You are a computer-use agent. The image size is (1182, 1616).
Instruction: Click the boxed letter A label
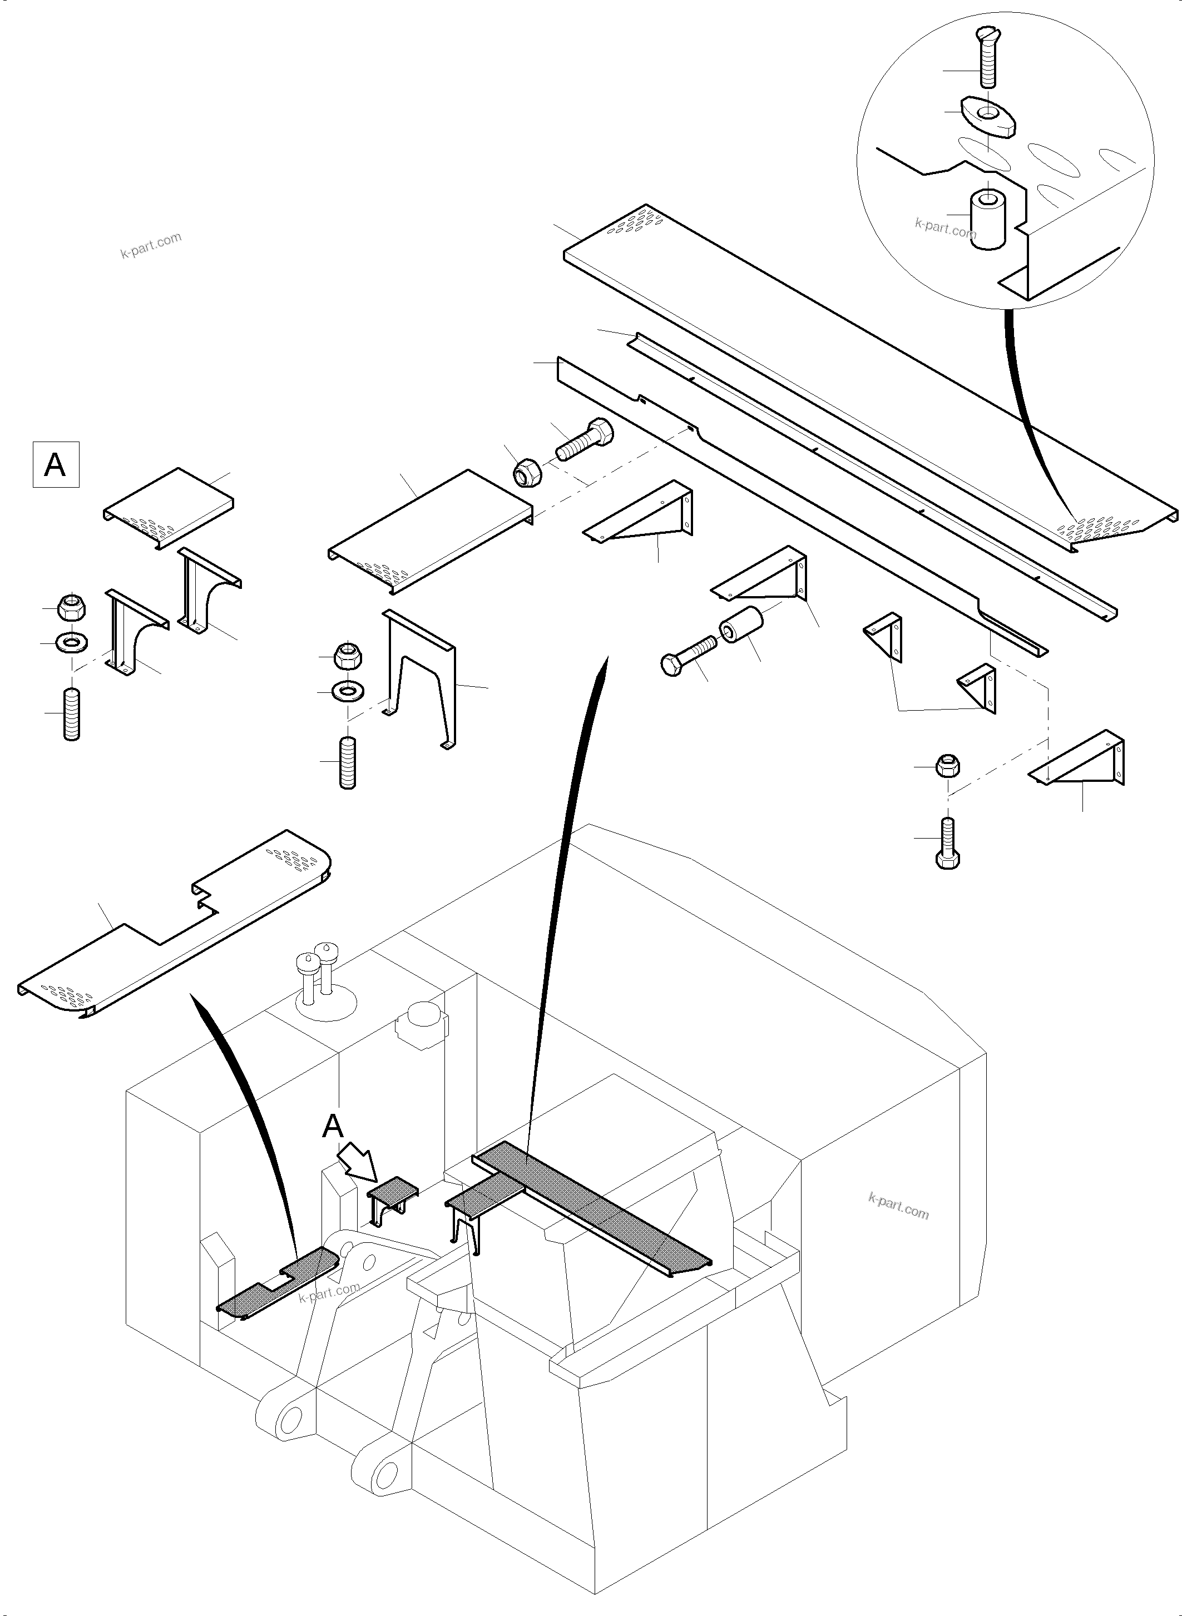(56, 465)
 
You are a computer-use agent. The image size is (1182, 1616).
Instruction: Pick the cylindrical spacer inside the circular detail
(987, 219)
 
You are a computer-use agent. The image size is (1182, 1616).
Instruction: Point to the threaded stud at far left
(72, 713)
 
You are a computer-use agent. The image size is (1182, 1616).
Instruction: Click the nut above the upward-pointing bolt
(948, 766)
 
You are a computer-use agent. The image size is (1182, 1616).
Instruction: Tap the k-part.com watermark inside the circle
(944, 228)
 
